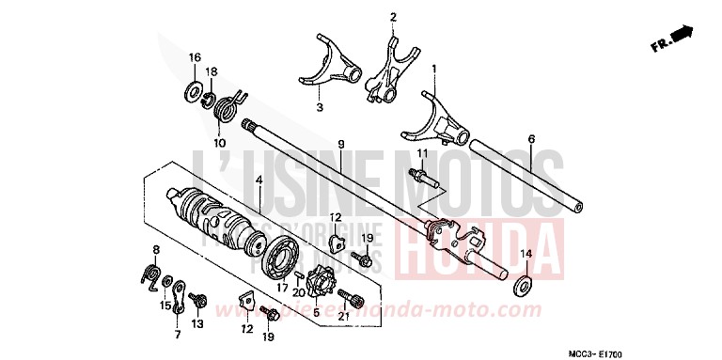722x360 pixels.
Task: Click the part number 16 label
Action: point(195,58)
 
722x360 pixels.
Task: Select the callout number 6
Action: point(531,139)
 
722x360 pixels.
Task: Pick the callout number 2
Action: point(393,17)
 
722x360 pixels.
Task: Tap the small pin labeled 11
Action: point(418,175)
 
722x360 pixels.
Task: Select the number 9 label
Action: point(341,145)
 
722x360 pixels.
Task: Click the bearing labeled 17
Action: point(282,259)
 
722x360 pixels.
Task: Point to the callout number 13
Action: point(197,323)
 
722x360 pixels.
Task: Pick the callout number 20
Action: point(299,292)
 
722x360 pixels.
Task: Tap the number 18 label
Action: point(212,72)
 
